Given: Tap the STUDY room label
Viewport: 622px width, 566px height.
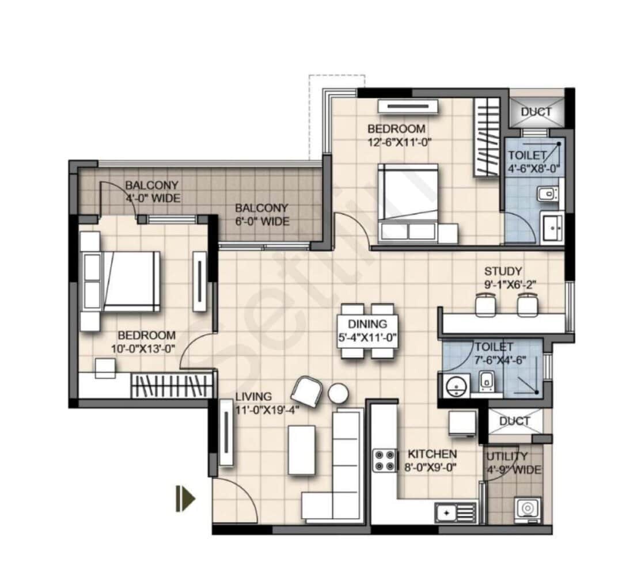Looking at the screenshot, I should tap(503, 271).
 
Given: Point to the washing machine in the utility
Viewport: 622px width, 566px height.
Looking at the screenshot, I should tap(528, 508).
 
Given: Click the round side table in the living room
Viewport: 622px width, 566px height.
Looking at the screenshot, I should tap(338, 394).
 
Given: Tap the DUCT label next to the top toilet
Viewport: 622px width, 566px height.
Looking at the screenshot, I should tap(536, 112).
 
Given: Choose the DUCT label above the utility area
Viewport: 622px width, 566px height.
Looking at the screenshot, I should tap(514, 421).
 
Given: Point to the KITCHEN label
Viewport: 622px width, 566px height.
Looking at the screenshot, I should tap(432, 454).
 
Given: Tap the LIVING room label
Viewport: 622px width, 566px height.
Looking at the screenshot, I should tap(253, 396).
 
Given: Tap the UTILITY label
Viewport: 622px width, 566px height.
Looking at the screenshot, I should tap(506, 457).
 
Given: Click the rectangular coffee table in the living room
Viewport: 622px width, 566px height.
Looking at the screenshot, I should tap(301, 450).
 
